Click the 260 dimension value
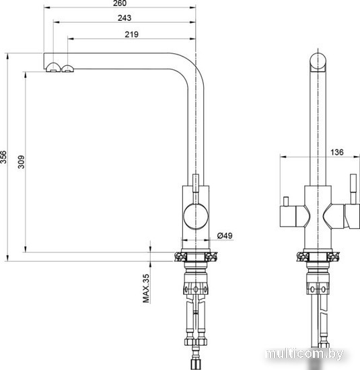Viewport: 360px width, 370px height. tap(120, 3)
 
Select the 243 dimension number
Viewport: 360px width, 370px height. tap(124, 18)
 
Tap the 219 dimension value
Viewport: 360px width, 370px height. tap(131, 34)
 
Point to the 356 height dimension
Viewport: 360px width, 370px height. tap(3, 157)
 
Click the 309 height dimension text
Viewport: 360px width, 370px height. tap(22, 162)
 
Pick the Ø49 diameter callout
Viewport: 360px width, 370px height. tap(225, 235)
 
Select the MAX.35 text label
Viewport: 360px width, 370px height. tap(146, 289)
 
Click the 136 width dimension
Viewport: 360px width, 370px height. tap(336, 152)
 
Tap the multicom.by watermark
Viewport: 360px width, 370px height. tap(305, 354)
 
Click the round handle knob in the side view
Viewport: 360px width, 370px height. tap(196, 217)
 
